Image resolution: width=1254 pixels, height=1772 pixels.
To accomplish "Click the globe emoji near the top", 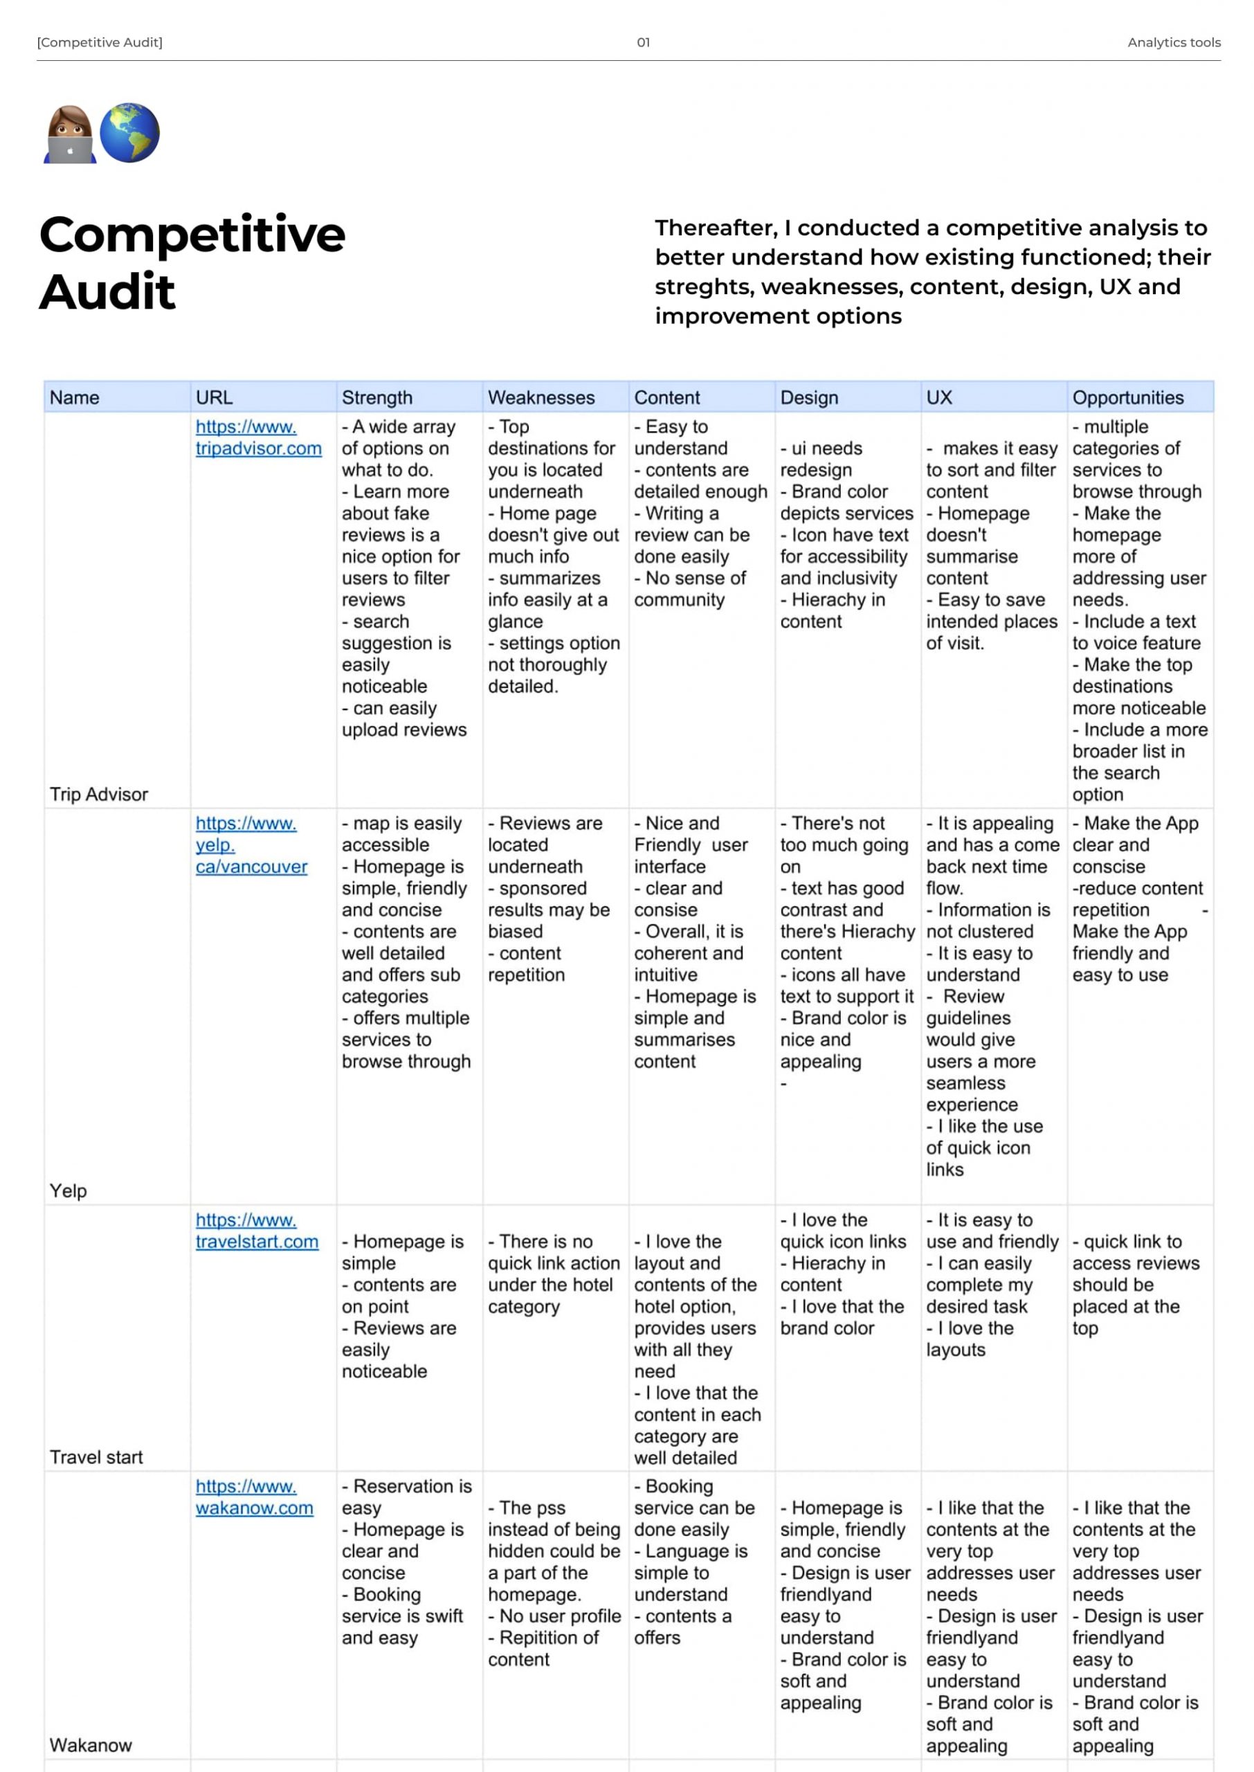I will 129,133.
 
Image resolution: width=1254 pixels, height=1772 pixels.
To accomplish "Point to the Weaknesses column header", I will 541,397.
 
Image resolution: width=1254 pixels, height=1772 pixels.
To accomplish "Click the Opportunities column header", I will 1127,397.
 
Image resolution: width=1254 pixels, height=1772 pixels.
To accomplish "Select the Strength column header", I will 376,397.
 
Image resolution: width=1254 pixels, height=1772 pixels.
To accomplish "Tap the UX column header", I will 939,397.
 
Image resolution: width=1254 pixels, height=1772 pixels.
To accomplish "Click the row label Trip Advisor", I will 99,795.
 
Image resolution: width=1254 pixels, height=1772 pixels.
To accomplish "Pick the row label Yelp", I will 69,1191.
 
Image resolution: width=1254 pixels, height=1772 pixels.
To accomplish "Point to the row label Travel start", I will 96,1457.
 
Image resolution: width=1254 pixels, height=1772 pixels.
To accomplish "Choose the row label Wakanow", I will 91,1745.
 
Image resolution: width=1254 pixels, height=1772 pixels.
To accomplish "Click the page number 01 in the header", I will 643,42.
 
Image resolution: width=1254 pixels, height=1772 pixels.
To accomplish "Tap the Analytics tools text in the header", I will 1174,42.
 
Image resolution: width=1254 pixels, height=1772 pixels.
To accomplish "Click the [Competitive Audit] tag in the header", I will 100,42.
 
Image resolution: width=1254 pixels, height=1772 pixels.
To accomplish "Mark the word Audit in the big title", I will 107,292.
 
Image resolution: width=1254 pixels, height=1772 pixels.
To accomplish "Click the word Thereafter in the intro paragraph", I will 716,228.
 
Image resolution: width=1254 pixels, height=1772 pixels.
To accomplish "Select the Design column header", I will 809,397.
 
